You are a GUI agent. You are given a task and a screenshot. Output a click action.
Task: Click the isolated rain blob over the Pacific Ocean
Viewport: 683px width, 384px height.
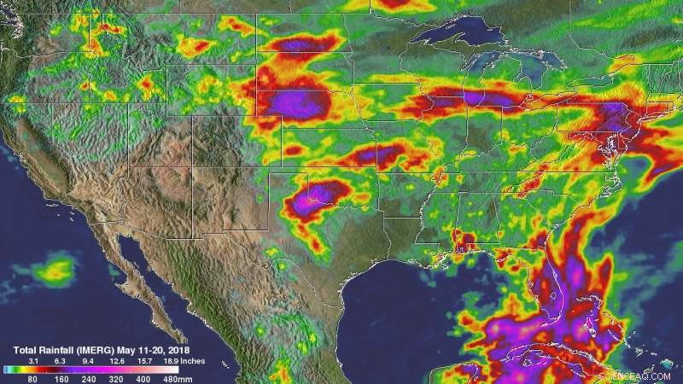[55, 271]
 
